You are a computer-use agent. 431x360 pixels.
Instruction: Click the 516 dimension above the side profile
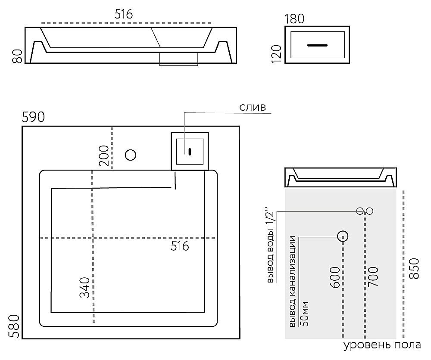[124, 14]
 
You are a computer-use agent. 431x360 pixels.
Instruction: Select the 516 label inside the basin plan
[180, 246]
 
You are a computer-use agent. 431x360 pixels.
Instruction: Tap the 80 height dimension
[17, 56]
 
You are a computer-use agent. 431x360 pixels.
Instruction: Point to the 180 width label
[295, 19]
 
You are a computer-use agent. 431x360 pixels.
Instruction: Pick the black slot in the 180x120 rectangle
[318, 45]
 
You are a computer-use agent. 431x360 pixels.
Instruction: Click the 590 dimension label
[34, 117]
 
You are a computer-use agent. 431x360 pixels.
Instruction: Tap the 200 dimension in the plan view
[103, 155]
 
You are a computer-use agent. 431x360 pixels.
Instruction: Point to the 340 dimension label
[84, 288]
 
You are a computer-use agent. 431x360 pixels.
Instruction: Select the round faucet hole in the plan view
[130, 154]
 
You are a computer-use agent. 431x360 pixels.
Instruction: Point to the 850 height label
[413, 268]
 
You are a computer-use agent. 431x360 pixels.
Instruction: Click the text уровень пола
[382, 346]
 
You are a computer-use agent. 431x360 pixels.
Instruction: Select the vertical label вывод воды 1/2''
[271, 246]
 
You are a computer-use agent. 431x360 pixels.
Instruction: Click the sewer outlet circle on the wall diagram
[343, 236]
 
